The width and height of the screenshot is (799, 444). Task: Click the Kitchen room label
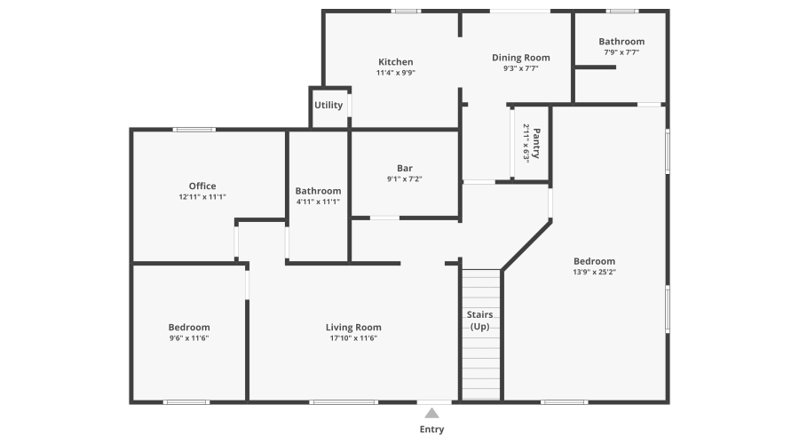(x=395, y=61)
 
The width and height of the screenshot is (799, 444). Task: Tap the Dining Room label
(x=521, y=58)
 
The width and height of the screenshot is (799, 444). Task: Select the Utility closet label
(x=328, y=105)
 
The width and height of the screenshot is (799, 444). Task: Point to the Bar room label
(x=405, y=168)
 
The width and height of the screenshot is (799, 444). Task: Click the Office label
(x=202, y=186)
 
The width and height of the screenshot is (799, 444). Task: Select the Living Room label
(x=353, y=327)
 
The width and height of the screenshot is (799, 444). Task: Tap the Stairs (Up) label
(x=480, y=321)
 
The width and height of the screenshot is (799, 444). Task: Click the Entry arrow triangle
(x=431, y=412)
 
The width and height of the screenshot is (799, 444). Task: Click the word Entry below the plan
(x=431, y=430)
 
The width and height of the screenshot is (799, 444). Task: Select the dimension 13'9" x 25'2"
(x=594, y=272)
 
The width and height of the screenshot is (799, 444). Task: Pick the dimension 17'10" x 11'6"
(x=353, y=338)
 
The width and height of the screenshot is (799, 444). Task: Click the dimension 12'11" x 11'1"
(x=202, y=197)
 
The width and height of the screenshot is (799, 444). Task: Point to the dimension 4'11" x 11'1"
(x=318, y=202)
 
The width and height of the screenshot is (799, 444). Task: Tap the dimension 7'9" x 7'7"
(x=621, y=52)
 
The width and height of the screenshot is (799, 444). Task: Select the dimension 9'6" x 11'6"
(x=189, y=338)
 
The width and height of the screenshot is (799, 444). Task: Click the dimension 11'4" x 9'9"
(x=395, y=73)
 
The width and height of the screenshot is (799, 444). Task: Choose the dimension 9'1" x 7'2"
(x=405, y=179)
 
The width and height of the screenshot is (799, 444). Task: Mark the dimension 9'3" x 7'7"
(x=521, y=68)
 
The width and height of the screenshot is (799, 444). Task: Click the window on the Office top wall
(x=194, y=130)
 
